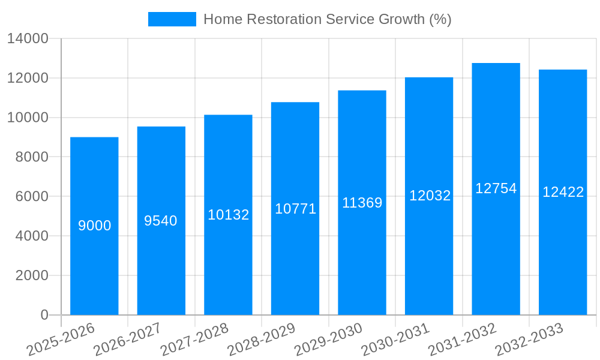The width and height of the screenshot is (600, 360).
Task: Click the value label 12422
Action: point(563,192)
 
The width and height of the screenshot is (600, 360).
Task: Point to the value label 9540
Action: point(161,221)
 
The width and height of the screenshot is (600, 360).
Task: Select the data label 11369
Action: point(362,203)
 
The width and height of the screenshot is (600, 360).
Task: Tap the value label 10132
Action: point(228,215)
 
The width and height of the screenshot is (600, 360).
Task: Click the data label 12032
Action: point(430,196)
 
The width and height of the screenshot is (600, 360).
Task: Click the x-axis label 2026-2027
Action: point(127,339)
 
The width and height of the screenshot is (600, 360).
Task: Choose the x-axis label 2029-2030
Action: point(329,339)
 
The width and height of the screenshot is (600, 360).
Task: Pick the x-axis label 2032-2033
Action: point(530,339)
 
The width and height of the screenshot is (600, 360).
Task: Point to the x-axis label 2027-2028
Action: point(194,339)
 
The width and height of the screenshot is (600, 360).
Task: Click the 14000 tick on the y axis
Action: point(28,39)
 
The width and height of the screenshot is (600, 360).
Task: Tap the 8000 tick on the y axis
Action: point(31,157)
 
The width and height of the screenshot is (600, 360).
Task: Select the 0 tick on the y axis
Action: point(44,315)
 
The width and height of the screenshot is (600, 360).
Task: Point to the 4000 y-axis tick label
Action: point(31,236)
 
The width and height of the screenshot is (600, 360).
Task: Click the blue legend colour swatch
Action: point(172,19)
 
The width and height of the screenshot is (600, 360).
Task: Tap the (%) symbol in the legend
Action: point(440,19)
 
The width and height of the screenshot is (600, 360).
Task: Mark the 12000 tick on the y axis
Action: point(28,79)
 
